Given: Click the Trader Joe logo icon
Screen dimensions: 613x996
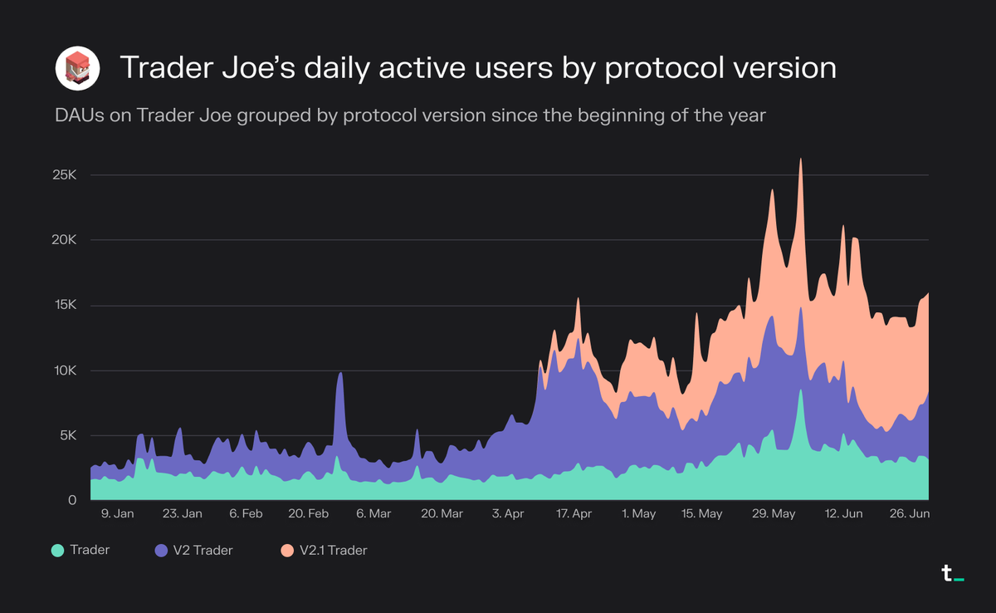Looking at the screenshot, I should click(77, 68).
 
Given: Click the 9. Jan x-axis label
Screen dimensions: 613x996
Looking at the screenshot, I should click(117, 514).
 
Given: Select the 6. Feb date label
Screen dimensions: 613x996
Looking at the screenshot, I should click(246, 514).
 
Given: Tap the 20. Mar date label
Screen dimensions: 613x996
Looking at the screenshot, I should click(442, 514).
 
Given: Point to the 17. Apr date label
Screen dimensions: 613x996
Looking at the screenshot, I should click(573, 514).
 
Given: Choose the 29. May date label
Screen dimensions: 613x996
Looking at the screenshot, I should click(773, 514).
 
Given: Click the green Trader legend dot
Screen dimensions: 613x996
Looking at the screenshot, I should click(57, 550).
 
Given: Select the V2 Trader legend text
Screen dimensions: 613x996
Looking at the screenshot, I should click(203, 550).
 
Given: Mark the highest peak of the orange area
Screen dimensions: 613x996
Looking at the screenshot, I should click(800, 159).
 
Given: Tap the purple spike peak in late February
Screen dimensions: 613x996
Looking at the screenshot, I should click(339, 373).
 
